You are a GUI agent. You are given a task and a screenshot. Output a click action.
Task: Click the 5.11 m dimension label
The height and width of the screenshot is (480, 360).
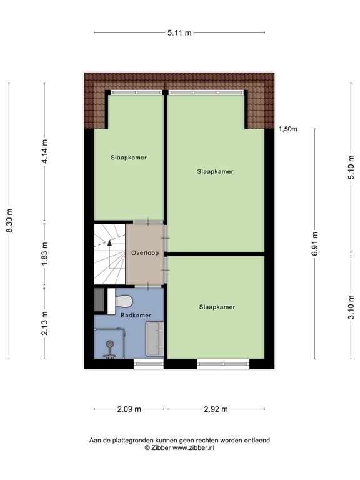point(179,32)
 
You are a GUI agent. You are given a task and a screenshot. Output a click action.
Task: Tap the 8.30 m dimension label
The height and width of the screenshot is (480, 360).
point(9,221)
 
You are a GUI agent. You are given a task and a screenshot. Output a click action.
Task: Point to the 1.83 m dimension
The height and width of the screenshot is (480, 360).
point(44,255)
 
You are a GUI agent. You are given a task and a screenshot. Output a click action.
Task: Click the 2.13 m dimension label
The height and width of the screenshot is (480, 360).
point(44,324)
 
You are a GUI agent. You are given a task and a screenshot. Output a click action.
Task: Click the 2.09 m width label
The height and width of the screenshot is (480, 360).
point(130,409)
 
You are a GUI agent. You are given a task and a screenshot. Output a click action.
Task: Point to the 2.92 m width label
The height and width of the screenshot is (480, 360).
point(216,409)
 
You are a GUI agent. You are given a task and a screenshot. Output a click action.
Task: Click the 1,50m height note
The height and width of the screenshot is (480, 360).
point(287,129)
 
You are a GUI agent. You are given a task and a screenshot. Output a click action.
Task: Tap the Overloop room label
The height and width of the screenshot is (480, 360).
point(145,253)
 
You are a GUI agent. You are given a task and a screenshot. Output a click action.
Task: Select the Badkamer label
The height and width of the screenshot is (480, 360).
point(136,315)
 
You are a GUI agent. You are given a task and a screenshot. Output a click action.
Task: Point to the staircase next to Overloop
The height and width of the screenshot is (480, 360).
point(109,254)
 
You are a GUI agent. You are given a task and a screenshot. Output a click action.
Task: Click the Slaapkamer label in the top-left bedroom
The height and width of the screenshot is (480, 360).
point(129,157)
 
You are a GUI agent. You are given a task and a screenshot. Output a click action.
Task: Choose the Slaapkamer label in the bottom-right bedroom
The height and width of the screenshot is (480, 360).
point(217,307)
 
